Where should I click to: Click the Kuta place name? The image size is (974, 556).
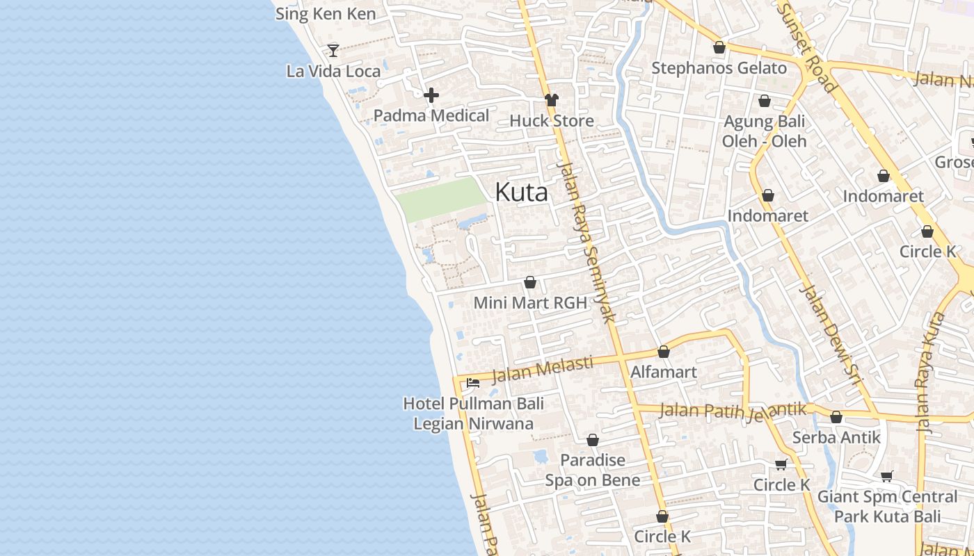click(x=521, y=193)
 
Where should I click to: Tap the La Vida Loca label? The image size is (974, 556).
click(x=333, y=71)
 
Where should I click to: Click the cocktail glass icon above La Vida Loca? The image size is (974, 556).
click(x=333, y=50)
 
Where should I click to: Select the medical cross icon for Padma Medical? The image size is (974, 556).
click(x=431, y=95)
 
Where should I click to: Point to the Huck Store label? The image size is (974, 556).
click(x=551, y=121)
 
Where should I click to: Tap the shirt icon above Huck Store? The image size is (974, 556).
click(x=552, y=100)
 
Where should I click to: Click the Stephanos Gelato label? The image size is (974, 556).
click(x=719, y=68)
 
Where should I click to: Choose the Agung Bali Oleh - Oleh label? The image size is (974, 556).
click(x=764, y=131)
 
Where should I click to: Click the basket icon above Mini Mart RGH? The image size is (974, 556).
click(x=530, y=282)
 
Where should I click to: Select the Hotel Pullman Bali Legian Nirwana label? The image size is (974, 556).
click(x=473, y=414)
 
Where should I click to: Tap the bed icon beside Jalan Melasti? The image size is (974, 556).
click(x=473, y=382)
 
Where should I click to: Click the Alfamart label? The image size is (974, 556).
click(x=663, y=372)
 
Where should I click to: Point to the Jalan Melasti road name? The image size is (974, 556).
click(x=542, y=370)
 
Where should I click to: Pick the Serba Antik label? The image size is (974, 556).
click(x=836, y=438)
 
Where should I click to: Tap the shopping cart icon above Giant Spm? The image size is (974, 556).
click(x=886, y=476)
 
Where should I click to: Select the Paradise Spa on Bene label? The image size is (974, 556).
click(x=593, y=470)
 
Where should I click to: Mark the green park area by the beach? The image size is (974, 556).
click(x=441, y=199)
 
